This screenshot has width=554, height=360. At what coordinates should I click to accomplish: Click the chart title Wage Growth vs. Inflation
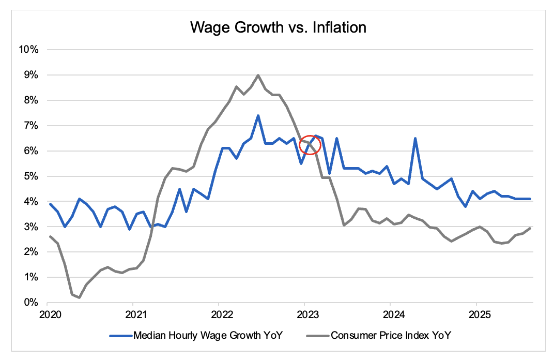pyautogui.click(x=278, y=27)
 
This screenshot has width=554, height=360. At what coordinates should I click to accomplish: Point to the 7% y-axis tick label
pyautogui.click(x=30, y=126)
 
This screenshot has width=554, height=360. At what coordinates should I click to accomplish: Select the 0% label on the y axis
pyautogui.click(x=30, y=303)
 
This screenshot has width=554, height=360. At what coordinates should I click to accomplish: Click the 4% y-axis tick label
pyautogui.click(x=30, y=202)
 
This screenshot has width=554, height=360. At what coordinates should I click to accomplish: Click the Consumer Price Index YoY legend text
pyautogui.click(x=391, y=336)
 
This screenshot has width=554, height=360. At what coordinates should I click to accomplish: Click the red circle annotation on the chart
pyautogui.click(x=311, y=145)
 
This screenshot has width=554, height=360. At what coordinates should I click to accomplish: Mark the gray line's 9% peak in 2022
pyautogui.click(x=258, y=75)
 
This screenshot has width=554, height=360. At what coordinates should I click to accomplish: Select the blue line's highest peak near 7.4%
pyautogui.click(x=258, y=115)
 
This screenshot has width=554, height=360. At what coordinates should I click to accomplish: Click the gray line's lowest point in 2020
pyautogui.click(x=79, y=297)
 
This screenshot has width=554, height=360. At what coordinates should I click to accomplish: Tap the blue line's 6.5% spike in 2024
pyautogui.click(x=415, y=138)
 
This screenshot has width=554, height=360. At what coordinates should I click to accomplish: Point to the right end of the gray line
pyautogui.click(x=530, y=228)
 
